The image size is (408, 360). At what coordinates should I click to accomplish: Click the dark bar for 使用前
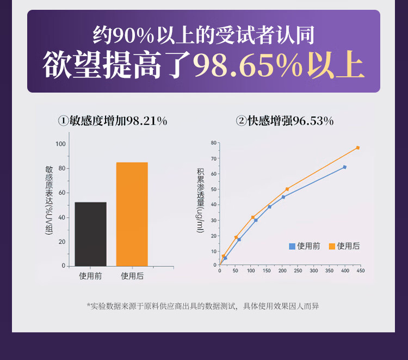[91, 234]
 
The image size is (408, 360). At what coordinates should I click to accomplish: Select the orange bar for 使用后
[132, 214]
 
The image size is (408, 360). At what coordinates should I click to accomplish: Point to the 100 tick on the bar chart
[60, 144]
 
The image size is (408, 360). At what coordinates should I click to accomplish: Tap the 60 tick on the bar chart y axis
[62, 193]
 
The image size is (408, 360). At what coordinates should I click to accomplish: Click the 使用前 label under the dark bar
[90, 276]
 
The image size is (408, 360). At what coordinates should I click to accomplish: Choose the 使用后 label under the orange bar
[132, 276]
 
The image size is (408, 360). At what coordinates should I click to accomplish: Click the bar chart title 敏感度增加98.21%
[113, 121]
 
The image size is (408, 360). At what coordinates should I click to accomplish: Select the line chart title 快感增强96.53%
[285, 121]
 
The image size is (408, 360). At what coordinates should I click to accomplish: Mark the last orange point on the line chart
[357, 148]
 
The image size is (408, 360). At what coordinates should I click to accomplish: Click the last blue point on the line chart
[344, 167]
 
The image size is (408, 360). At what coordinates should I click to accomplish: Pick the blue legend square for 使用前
[292, 246]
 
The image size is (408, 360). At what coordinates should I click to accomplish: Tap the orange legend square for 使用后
[332, 246]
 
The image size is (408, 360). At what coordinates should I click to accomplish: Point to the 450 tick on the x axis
[360, 270]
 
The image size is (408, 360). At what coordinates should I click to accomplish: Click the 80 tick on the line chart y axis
[213, 143]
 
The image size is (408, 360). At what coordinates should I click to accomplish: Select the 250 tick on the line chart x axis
[298, 270]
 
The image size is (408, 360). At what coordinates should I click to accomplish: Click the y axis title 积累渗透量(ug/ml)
[200, 200]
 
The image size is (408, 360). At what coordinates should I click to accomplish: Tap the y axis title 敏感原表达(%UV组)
[49, 200]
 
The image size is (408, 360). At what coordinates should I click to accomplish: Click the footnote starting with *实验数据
[203, 306]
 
